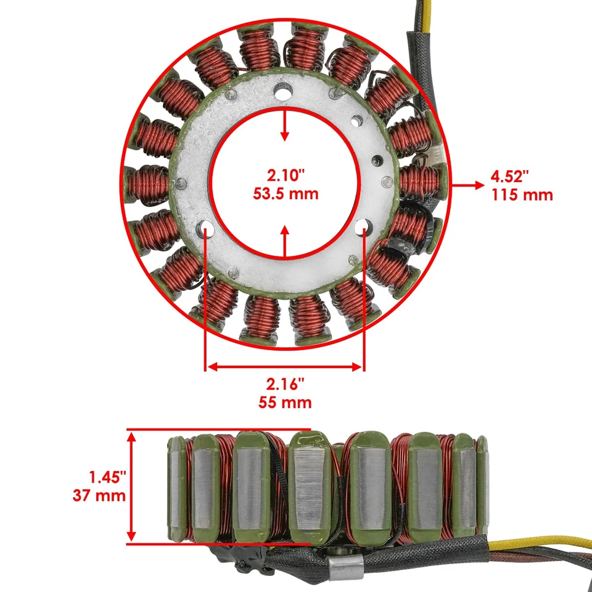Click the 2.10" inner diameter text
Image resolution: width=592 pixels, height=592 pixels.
[285, 175]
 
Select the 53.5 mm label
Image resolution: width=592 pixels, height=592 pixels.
[285, 194]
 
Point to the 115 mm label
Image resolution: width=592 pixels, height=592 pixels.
[522, 195]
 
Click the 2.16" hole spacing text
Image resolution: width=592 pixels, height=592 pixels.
[286, 384]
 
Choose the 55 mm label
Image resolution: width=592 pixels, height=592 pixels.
[286, 403]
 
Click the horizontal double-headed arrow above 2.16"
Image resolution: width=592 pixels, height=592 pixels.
[284, 367]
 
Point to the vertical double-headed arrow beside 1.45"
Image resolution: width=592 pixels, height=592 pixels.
[131, 487]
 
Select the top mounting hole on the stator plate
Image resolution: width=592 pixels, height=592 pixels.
[283, 92]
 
